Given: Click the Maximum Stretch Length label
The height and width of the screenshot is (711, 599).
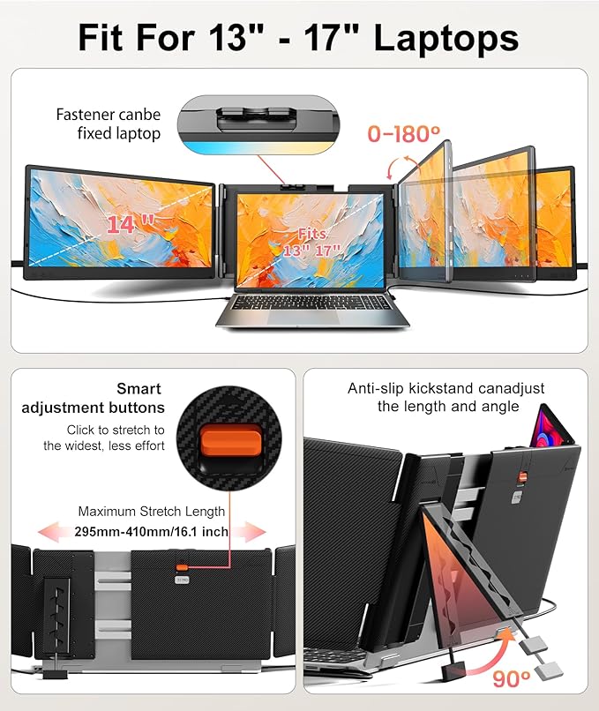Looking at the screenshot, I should click(x=151, y=511).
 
